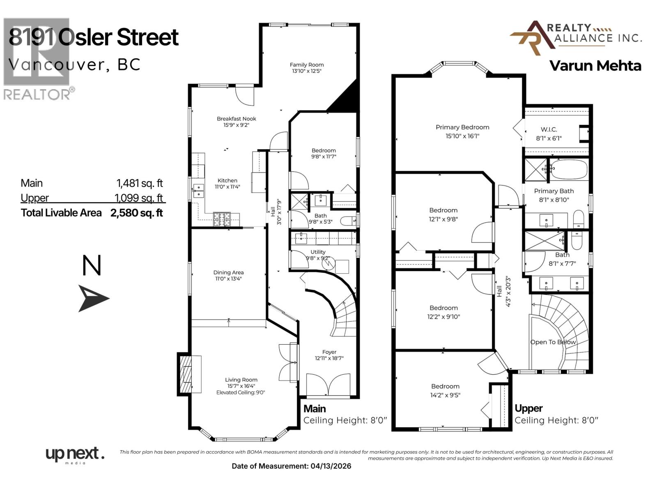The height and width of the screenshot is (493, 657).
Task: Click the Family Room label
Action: click(x=306, y=65)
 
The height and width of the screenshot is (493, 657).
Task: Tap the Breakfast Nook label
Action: click(x=237, y=119)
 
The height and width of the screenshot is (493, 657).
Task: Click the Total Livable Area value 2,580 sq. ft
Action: click(x=137, y=213)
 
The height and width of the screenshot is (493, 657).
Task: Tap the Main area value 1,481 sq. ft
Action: click(x=140, y=183)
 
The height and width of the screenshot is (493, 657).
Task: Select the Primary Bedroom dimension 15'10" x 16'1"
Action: click(x=462, y=136)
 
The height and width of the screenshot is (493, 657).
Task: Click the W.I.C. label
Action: click(x=549, y=129)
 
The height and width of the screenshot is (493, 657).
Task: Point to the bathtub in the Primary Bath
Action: click(x=569, y=169)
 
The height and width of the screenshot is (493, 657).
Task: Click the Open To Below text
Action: click(x=553, y=342)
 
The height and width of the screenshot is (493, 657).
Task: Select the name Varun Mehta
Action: click(x=595, y=66)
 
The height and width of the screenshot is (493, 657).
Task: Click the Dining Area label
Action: click(x=228, y=272)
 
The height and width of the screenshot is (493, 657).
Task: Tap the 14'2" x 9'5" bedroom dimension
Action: click(x=446, y=395)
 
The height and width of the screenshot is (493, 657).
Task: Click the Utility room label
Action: click(x=318, y=252)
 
